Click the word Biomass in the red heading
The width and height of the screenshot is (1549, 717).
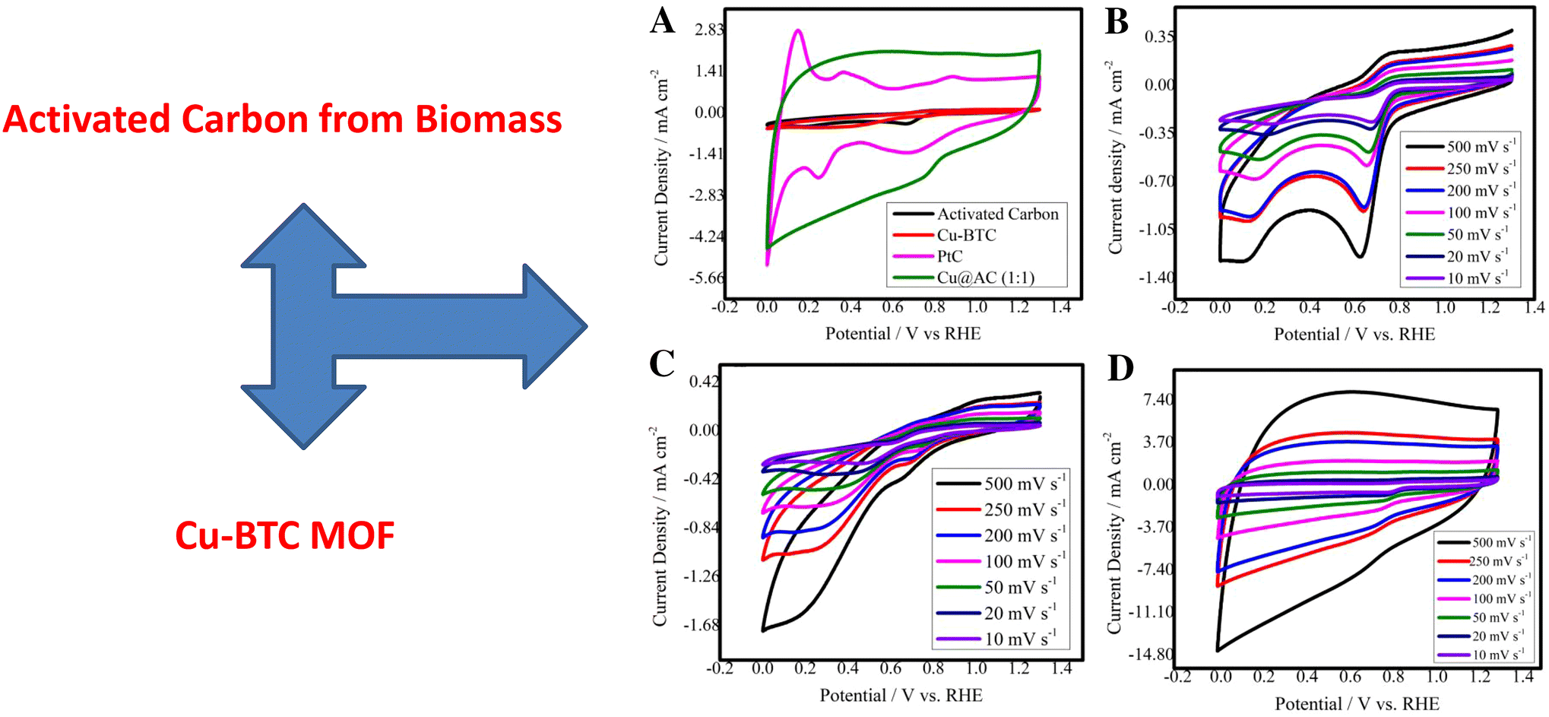pos(488,119)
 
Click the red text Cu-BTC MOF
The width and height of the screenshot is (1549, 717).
pos(285,535)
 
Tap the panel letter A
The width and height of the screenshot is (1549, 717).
pos(662,21)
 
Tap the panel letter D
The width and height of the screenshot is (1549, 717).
pos(1120,368)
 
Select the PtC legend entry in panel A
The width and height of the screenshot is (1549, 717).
pos(949,256)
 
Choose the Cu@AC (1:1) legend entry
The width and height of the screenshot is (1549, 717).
pos(985,278)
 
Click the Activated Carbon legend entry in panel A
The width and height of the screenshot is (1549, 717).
pos(996,214)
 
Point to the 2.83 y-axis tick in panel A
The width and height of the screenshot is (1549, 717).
pos(708,30)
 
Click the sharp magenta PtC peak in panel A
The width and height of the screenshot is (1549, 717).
pos(797,31)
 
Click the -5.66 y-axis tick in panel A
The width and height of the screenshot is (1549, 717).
pos(706,278)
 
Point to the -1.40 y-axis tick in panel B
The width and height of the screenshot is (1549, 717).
pos(1155,278)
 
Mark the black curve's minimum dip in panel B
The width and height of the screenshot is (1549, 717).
pos(1359,256)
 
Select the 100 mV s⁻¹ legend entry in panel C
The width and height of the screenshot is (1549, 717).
pos(1024,561)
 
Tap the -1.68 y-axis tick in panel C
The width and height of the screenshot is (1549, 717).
pos(700,625)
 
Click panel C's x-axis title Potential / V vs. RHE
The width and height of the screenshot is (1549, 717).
pos(901,695)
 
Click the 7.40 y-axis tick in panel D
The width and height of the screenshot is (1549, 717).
pos(1158,400)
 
